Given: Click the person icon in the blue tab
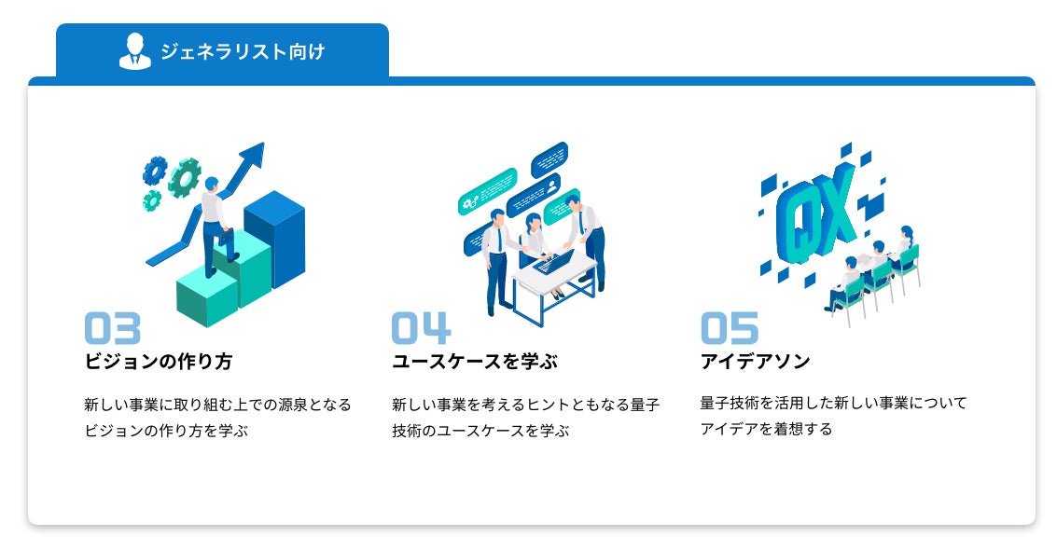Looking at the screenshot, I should click(x=135, y=51).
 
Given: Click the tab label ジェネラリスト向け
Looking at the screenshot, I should click(x=243, y=51).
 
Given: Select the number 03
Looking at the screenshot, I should click(x=113, y=328).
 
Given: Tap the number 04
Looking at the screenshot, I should click(x=421, y=328).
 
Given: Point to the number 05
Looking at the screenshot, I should click(x=730, y=328).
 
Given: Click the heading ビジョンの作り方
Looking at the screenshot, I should click(x=158, y=362).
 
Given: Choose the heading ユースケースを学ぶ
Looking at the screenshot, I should click(x=474, y=362).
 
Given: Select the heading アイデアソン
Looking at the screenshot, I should click(x=755, y=362).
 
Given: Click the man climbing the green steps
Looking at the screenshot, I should click(x=215, y=224).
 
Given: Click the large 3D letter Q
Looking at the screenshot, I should click(x=801, y=222).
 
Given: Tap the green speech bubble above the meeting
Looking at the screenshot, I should click(x=487, y=190).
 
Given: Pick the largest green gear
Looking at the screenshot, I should click(x=186, y=176).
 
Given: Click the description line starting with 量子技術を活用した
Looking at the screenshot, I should click(x=833, y=404).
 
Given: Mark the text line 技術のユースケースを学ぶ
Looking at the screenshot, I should click(x=480, y=431).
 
